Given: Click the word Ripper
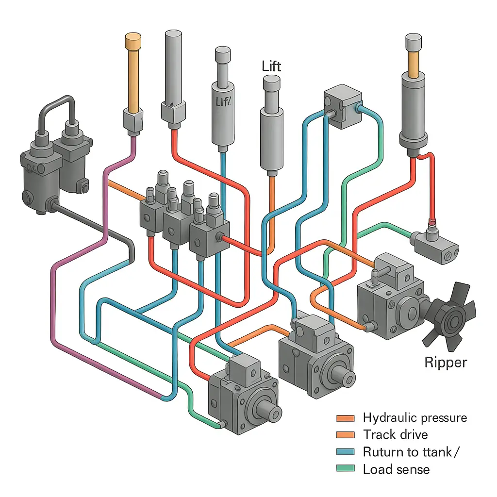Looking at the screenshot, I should [x=445, y=362].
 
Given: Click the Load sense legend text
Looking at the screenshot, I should [x=396, y=469].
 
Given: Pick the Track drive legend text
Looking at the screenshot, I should [x=395, y=435].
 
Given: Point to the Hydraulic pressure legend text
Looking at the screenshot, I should [x=414, y=418].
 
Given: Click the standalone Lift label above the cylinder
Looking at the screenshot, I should [x=271, y=66].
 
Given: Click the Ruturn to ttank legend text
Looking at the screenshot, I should [x=411, y=452].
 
